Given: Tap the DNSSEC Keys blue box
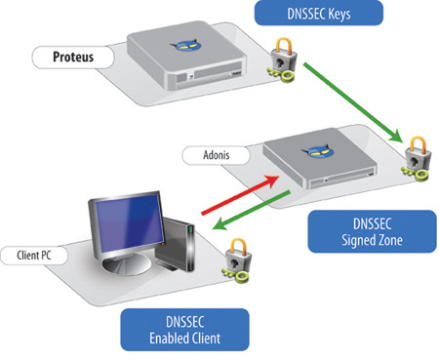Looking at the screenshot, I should [x=314, y=13].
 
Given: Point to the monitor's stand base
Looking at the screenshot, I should [x=122, y=270].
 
